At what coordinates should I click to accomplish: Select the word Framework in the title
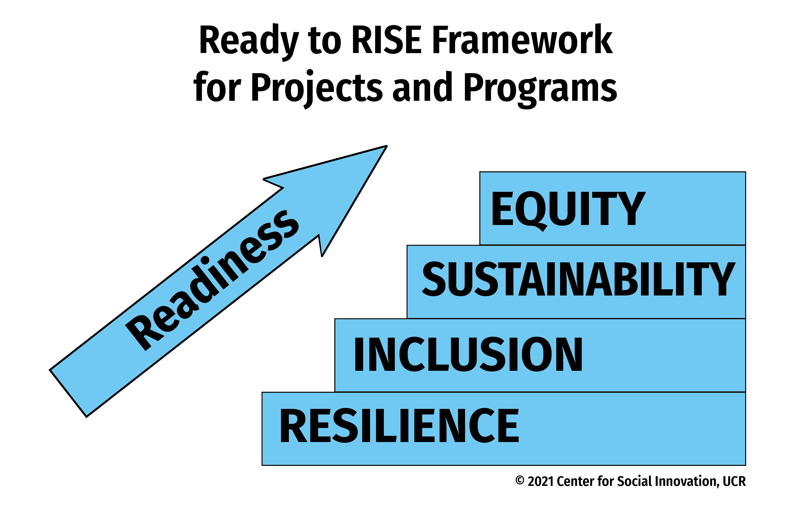523,39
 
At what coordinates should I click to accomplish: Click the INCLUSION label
468,354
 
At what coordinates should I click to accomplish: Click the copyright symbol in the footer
519,480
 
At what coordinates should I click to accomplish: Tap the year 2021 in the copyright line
541,481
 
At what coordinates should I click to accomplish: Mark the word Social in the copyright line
635,481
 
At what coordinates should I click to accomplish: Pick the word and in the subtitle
423,86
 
